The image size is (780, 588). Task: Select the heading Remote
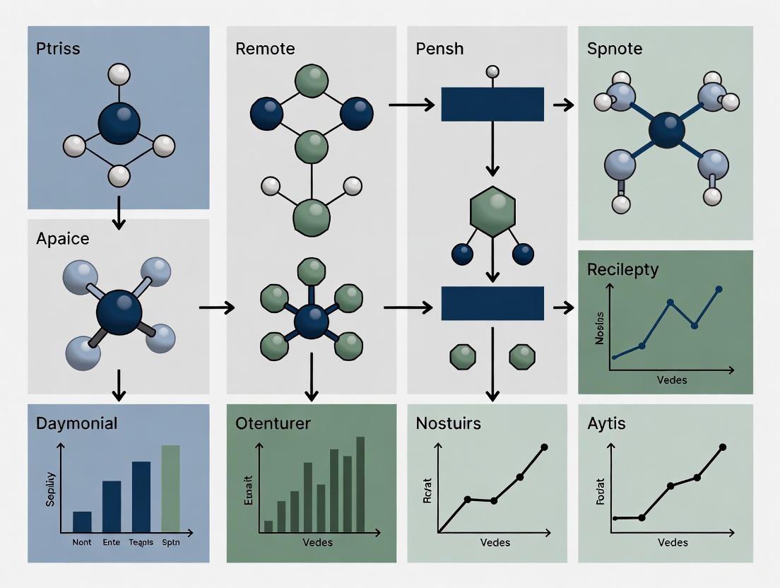pos(265,49)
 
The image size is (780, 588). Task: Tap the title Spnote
pos(614,49)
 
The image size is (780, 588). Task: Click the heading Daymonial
pos(77,423)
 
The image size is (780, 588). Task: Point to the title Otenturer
pos(273,423)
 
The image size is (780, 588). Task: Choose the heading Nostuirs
pos(449,423)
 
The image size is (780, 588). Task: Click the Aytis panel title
pos(606,424)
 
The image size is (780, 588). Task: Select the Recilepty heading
pos(622,269)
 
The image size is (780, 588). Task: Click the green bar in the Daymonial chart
pos(170,488)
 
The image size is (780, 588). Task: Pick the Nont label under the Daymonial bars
pos(82,543)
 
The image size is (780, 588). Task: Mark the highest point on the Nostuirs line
pos(544,447)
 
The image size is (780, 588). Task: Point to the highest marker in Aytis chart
pos(722,447)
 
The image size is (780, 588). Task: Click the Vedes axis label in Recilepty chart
pos(672,380)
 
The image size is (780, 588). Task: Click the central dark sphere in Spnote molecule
pos(666,131)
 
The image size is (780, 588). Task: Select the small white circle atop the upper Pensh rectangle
pos(492,71)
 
